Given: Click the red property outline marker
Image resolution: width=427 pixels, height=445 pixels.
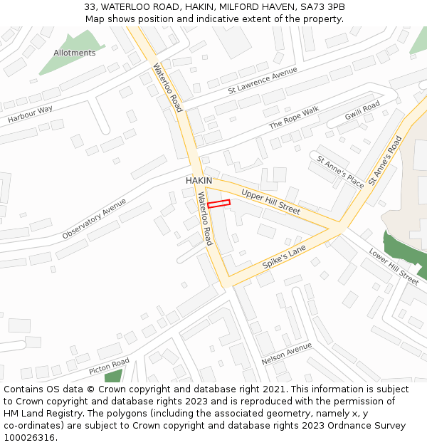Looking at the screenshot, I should pos(218,204).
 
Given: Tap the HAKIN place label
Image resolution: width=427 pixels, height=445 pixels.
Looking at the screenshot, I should pos(199,181).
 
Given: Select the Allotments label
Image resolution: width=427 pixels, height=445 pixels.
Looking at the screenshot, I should pos(74,53).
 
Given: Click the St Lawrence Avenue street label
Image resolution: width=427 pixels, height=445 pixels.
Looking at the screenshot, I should pos(263,81).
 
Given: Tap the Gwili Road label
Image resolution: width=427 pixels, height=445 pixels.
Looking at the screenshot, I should pos(362,111).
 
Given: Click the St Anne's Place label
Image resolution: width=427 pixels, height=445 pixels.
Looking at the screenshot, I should pos(340,172).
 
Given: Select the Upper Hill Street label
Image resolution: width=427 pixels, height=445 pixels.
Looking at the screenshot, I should pos(270,202).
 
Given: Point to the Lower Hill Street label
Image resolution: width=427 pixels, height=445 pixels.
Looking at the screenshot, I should pos(394,266).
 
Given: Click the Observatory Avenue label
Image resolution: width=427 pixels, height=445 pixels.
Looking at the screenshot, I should pos(93,218).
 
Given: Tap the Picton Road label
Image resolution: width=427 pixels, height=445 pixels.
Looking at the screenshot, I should pos(109,367).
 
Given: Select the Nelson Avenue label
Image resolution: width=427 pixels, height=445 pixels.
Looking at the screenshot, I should pos(287,353).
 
